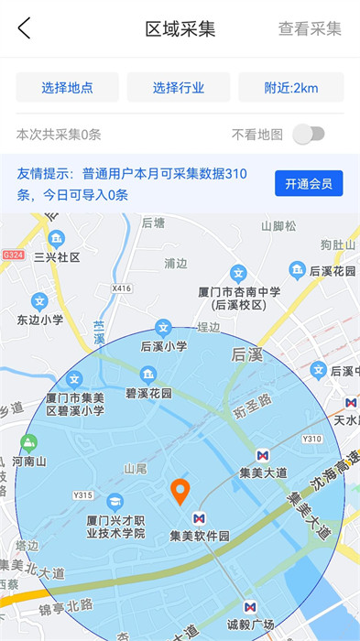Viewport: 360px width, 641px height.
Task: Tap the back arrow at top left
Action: click(25, 28)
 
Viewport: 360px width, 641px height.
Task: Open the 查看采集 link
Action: click(310, 28)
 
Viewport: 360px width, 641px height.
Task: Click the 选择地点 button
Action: click(68, 88)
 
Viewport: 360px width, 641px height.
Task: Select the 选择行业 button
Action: click(179, 88)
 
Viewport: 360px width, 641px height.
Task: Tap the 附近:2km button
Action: click(291, 88)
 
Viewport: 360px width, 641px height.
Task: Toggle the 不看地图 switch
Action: click(309, 135)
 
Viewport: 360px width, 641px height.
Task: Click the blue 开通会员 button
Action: click(309, 183)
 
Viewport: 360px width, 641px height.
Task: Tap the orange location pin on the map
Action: click(180, 492)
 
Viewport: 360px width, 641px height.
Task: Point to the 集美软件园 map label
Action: click(199, 536)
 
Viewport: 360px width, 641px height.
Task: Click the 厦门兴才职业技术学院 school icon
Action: click(115, 501)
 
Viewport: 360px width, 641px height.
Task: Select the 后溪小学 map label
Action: click(164, 346)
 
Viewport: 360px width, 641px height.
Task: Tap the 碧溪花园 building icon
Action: click(147, 375)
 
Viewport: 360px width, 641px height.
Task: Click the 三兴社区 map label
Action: click(57, 257)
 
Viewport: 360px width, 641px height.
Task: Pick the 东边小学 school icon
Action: click(39, 300)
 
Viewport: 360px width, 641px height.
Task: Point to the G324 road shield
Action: click(12, 254)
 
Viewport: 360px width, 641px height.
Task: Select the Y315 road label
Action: click(82, 495)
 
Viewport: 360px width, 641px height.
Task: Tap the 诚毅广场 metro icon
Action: click(250, 607)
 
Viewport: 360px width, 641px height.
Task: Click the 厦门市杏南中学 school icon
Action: click(238, 273)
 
